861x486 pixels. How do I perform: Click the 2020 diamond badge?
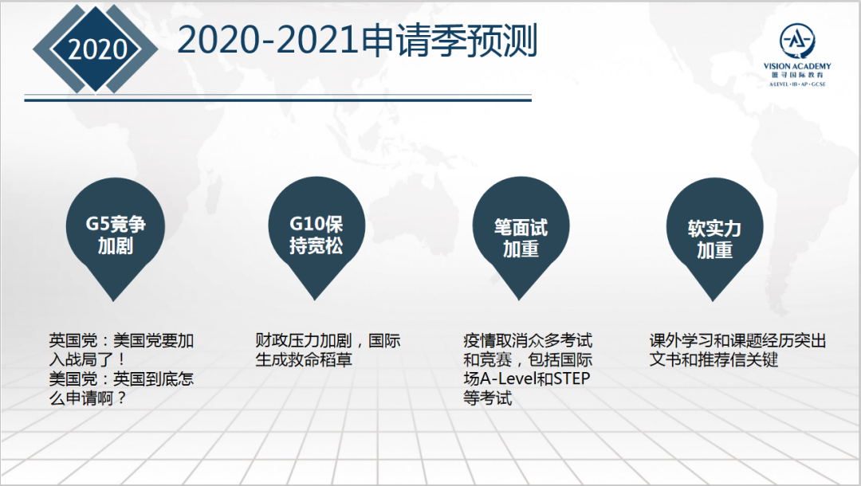pyautogui.click(x=96, y=49)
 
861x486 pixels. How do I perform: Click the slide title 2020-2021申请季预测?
pyautogui.click(x=357, y=41)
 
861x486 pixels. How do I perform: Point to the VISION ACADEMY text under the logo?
pyautogui.click(x=796, y=66)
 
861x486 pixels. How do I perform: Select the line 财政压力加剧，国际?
pyautogui.click(x=328, y=341)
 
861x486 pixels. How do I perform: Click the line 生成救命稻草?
pyautogui.click(x=304, y=360)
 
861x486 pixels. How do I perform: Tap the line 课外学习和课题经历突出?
pyautogui.click(x=737, y=341)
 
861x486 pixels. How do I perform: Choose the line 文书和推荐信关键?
pyautogui.click(x=714, y=360)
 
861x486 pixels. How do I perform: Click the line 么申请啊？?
pyautogui.click(x=88, y=398)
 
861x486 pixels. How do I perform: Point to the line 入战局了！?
pyautogui.click(x=88, y=360)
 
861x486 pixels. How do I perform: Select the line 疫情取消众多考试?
pyautogui.click(x=528, y=341)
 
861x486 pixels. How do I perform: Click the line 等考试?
pyautogui.click(x=488, y=398)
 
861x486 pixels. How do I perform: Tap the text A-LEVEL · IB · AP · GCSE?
pyautogui.click(x=797, y=84)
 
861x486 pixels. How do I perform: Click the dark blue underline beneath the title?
pyautogui.click(x=278, y=100)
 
